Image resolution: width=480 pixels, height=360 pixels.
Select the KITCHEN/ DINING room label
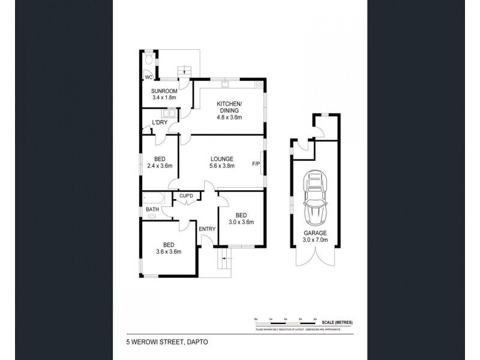(229, 107)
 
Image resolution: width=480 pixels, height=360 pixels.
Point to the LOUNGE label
(221, 158)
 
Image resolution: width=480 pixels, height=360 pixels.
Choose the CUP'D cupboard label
(186, 196)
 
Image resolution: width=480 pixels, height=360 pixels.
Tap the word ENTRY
(206, 228)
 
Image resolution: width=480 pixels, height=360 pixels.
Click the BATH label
(152, 209)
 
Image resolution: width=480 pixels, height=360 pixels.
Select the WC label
(148, 77)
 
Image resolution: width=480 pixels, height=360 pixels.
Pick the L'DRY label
(159, 123)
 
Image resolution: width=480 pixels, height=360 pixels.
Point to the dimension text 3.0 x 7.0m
(315, 242)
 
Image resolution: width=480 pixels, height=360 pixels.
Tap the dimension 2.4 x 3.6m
(160, 166)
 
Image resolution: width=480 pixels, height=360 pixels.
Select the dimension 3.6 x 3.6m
(168, 251)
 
